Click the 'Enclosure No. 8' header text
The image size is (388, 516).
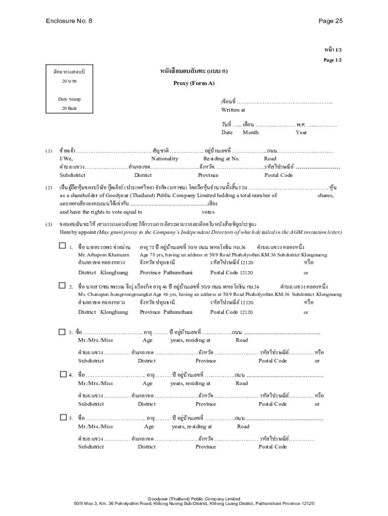69,21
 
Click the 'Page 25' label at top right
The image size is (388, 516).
331,21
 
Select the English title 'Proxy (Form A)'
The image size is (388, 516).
194,83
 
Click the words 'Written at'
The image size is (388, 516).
233,110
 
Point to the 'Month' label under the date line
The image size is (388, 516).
250,133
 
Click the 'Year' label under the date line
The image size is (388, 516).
301,133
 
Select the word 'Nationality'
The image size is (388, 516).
164,159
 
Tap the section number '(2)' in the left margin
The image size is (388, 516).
49,187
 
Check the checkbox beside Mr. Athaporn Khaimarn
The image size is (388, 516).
62,246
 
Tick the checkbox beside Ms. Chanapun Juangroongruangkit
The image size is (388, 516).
62,285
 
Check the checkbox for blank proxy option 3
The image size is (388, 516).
62,332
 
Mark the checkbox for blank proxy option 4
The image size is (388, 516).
63,374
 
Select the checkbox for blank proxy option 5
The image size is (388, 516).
63,417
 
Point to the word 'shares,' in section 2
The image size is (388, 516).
325,195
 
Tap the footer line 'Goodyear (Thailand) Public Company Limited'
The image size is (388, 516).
194,498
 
